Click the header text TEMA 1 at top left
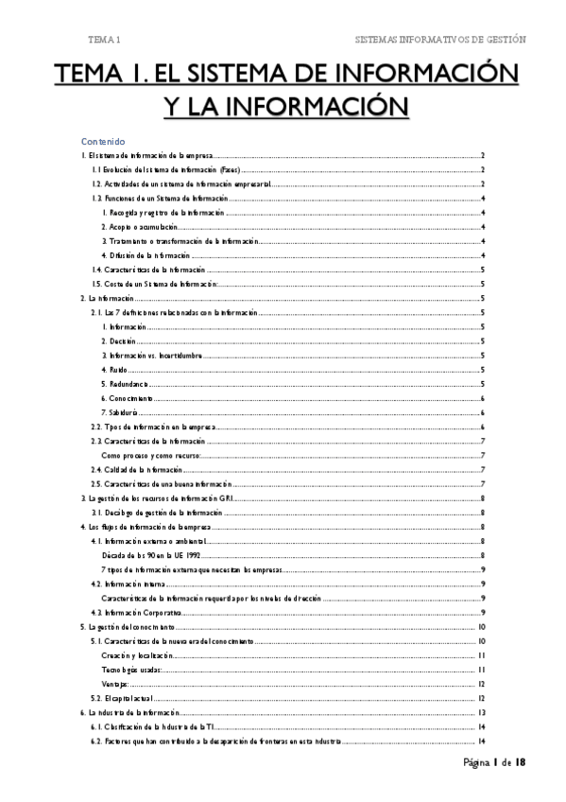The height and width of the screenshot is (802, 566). [104, 40]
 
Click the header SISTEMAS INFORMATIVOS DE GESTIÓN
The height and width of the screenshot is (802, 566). [439, 40]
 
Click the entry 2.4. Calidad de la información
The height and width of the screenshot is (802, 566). [136, 469]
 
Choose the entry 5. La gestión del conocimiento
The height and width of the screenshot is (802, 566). [128, 627]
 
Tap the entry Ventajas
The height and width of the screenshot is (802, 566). [115, 684]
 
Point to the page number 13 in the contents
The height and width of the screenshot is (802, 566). [482, 712]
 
